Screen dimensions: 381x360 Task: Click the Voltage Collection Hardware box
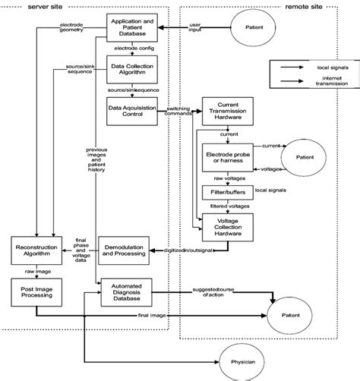coord(229,224)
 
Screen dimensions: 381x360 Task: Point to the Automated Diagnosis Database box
coord(128,292)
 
